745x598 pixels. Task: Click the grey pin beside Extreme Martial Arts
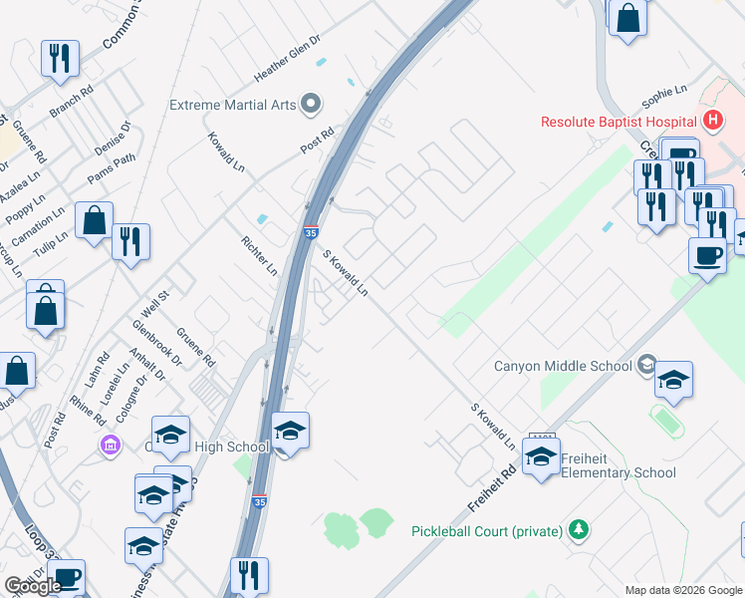pyautogui.click(x=312, y=104)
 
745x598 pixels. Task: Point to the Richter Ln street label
pyautogui.click(x=259, y=255)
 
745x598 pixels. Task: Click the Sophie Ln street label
pyautogui.click(x=664, y=97)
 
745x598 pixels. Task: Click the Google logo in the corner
pyautogui.click(x=33, y=586)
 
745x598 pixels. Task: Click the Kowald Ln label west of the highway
pyautogui.click(x=226, y=150)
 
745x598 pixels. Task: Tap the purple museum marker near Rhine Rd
pyautogui.click(x=109, y=444)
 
